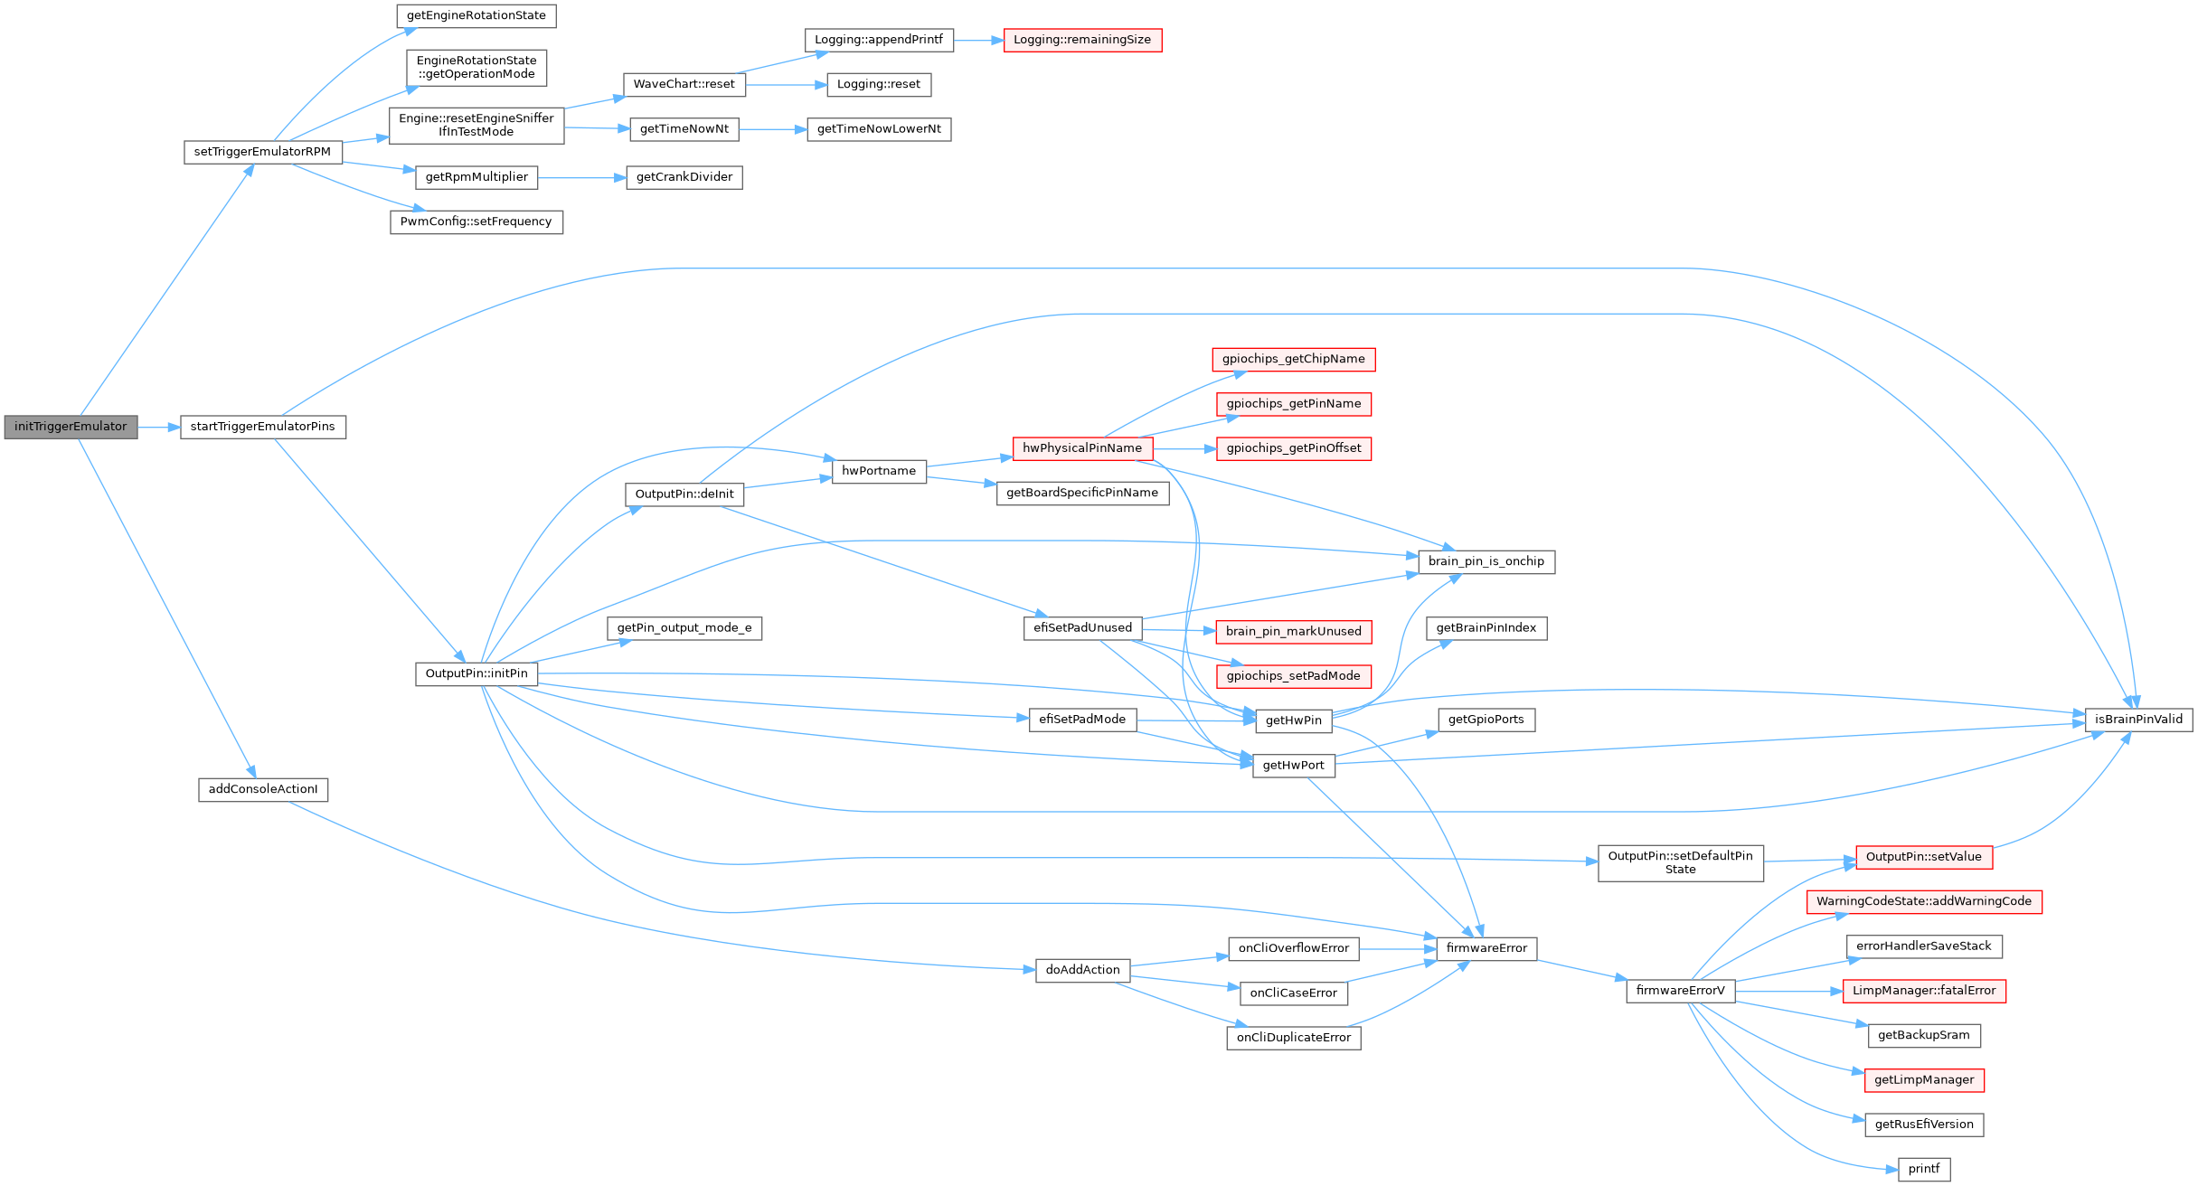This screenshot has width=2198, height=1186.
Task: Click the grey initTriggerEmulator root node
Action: point(71,427)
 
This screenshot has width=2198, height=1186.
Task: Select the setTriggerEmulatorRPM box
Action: point(262,152)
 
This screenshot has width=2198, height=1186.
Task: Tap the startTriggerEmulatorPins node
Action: point(262,427)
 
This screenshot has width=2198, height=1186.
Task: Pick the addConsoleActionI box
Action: point(263,789)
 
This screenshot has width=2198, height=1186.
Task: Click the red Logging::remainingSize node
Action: point(1082,40)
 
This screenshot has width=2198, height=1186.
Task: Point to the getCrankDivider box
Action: point(684,177)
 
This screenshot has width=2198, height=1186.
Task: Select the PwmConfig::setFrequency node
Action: point(476,221)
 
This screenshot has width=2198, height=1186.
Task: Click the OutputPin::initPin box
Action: point(476,673)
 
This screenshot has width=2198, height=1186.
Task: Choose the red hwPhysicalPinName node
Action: point(1082,448)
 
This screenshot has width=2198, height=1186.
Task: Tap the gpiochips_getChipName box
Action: point(1293,359)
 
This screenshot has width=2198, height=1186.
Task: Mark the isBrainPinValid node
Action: point(2138,720)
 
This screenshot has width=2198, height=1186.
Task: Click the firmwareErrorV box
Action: point(1680,991)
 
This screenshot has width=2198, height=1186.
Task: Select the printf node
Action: point(1924,1169)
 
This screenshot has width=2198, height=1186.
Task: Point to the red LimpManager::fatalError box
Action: point(1924,991)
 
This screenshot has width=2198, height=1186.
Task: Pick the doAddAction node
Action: point(1082,970)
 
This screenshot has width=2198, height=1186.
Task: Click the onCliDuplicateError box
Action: point(1293,1038)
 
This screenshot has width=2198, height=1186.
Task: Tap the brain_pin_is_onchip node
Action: point(1486,561)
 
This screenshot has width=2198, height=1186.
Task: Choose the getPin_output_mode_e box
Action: point(684,628)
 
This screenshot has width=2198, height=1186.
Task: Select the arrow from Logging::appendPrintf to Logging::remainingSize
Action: point(978,41)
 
